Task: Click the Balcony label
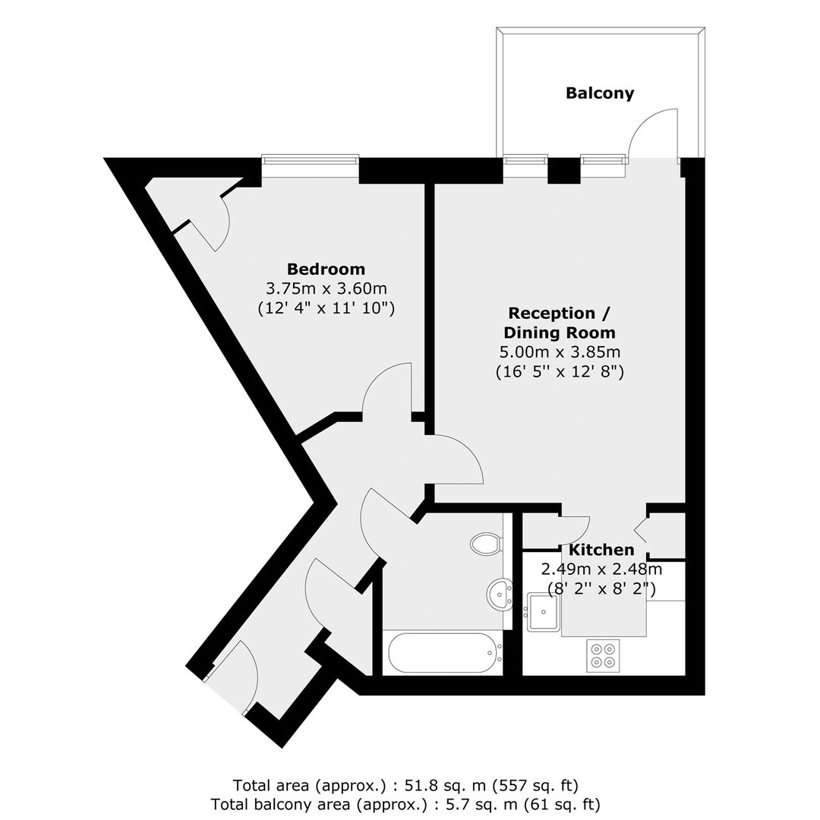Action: click(600, 93)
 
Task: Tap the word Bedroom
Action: click(326, 269)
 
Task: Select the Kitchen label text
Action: click(601, 550)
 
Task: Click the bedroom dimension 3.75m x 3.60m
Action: click(326, 289)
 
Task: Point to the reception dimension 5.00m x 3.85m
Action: click(560, 352)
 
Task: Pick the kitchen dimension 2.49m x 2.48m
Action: click(601, 569)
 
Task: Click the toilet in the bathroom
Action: click(487, 544)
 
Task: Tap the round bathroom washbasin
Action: click(500, 594)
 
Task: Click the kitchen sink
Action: click(544, 611)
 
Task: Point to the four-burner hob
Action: click(603, 656)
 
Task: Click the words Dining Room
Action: click(560, 333)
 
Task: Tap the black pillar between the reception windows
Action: click(563, 171)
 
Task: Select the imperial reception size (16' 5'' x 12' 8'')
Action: click(560, 371)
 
